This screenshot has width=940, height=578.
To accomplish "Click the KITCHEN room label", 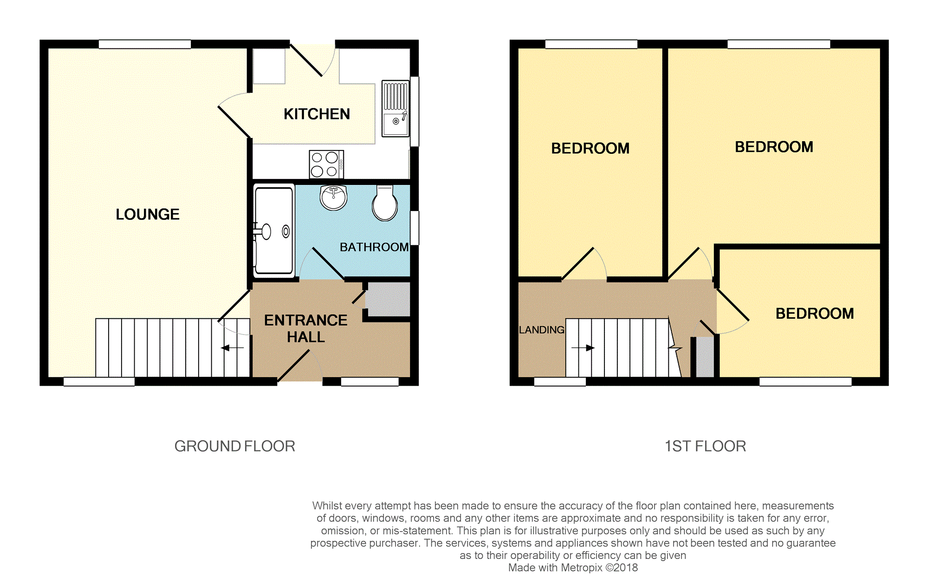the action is pyautogui.click(x=317, y=114).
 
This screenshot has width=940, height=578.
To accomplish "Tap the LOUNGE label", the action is pyautogui.click(x=148, y=214).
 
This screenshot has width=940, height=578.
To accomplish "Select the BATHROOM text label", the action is pyautogui.click(x=374, y=247).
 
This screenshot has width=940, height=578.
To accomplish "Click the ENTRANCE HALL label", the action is pyautogui.click(x=305, y=328).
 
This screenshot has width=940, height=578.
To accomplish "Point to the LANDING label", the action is pyautogui.click(x=542, y=330).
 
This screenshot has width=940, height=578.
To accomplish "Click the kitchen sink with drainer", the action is pyautogui.click(x=395, y=109).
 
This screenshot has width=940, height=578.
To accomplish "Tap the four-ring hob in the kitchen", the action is pyautogui.click(x=326, y=164).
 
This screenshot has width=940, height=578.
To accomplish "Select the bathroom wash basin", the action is pyautogui.click(x=333, y=197).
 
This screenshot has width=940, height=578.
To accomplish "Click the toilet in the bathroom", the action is pyautogui.click(x=385, y=203).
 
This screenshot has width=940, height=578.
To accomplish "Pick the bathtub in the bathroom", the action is pyautogui.click(x=274, y=230).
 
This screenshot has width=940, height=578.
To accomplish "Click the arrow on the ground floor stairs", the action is pyautogui.click(x=233, y=348).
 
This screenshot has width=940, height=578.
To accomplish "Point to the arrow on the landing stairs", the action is pyautogui.click(x=583, y=348).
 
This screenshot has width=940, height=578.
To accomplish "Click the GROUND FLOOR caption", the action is pyautogui.click(x=235, y=446).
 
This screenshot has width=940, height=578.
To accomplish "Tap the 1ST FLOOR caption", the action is pyautogui.click(x=706, y=446).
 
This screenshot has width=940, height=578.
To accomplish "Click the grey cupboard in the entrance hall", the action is pyautogui.click(x=388, y=299).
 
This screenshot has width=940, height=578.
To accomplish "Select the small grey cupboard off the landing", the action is pyautogui.click(x=705, y=357).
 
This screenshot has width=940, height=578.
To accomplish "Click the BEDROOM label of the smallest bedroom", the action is pyautogui.click(x=815, y=314).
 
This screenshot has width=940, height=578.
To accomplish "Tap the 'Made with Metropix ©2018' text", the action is pyautogui.click(x=573, y=567).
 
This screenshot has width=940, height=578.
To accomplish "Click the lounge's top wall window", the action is pyautogui.click(x=145, y=44).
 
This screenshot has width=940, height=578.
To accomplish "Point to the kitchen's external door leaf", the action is pyautogui.click(x=306, y=60).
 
